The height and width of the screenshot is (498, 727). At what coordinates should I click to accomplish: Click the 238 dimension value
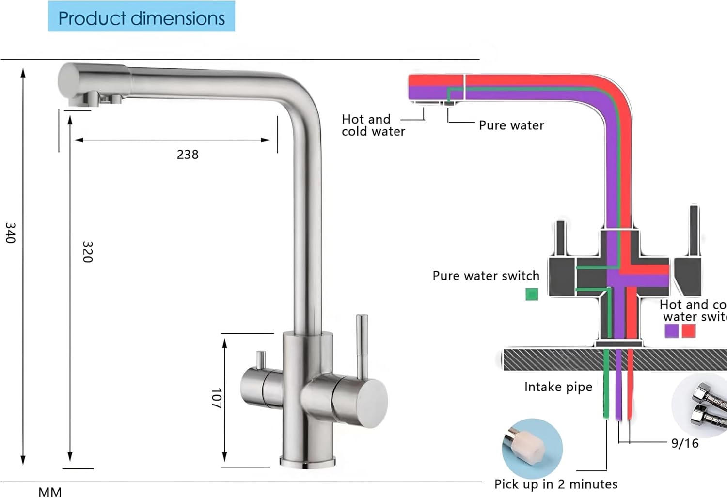[188, 155]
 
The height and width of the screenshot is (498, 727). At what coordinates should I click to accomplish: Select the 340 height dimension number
[11, 233]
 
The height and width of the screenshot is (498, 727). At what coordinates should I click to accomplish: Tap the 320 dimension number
[87, 251]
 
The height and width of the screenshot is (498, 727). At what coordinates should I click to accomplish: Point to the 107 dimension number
[216, 398]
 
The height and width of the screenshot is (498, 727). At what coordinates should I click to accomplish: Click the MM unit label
[50, 492]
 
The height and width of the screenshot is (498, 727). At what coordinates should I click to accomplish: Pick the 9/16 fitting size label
[684, 443]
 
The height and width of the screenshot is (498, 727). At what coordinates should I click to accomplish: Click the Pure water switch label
[486, 276]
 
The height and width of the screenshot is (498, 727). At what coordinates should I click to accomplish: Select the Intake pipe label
[558, 387]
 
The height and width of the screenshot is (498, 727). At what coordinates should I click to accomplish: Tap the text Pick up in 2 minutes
[556, 484]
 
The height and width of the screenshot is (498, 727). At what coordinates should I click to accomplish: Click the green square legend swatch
[532, 294]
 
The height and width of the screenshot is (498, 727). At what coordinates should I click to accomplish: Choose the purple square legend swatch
[671, 331]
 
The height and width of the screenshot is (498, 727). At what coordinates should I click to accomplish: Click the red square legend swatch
[688, 331]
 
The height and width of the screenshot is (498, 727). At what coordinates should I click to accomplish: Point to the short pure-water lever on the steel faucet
[261, 359]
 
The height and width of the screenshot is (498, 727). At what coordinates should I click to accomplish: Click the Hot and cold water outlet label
[373, 125]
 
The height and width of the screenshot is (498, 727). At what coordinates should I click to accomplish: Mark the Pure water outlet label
[511, 125]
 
